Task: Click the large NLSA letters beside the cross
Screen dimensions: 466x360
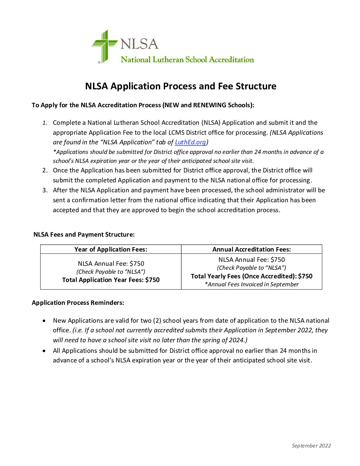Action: pos(139,44)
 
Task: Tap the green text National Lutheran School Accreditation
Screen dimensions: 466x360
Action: pos(187,60)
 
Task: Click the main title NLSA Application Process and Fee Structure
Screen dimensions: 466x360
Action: pos(181,86)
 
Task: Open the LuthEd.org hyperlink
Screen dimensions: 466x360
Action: pos(190,142)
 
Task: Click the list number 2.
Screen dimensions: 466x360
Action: pos(45,170)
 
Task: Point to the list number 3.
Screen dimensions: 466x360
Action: pos(45,190)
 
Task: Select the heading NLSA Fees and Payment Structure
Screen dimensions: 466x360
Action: pos(84,235)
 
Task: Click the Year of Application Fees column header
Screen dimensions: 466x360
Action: pos(111,250)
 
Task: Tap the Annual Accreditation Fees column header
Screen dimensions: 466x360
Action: pos(251,250)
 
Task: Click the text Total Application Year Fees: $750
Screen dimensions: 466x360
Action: pos(111,280)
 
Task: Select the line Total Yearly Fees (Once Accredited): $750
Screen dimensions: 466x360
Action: pos(251,276)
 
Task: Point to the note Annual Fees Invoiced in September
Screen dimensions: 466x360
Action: pos(251,285)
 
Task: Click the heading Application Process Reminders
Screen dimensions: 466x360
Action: pos(78,303)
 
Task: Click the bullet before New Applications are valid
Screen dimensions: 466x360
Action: pos(44,321)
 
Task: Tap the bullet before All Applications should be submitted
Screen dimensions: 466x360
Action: pos(44,351)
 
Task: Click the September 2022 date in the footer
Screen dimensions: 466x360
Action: pos(311,446)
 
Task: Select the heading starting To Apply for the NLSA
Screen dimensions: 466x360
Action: pos(143,105)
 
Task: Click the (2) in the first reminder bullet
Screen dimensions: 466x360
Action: pos(157,321)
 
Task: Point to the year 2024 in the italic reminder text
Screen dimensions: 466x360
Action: pos(238,340)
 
